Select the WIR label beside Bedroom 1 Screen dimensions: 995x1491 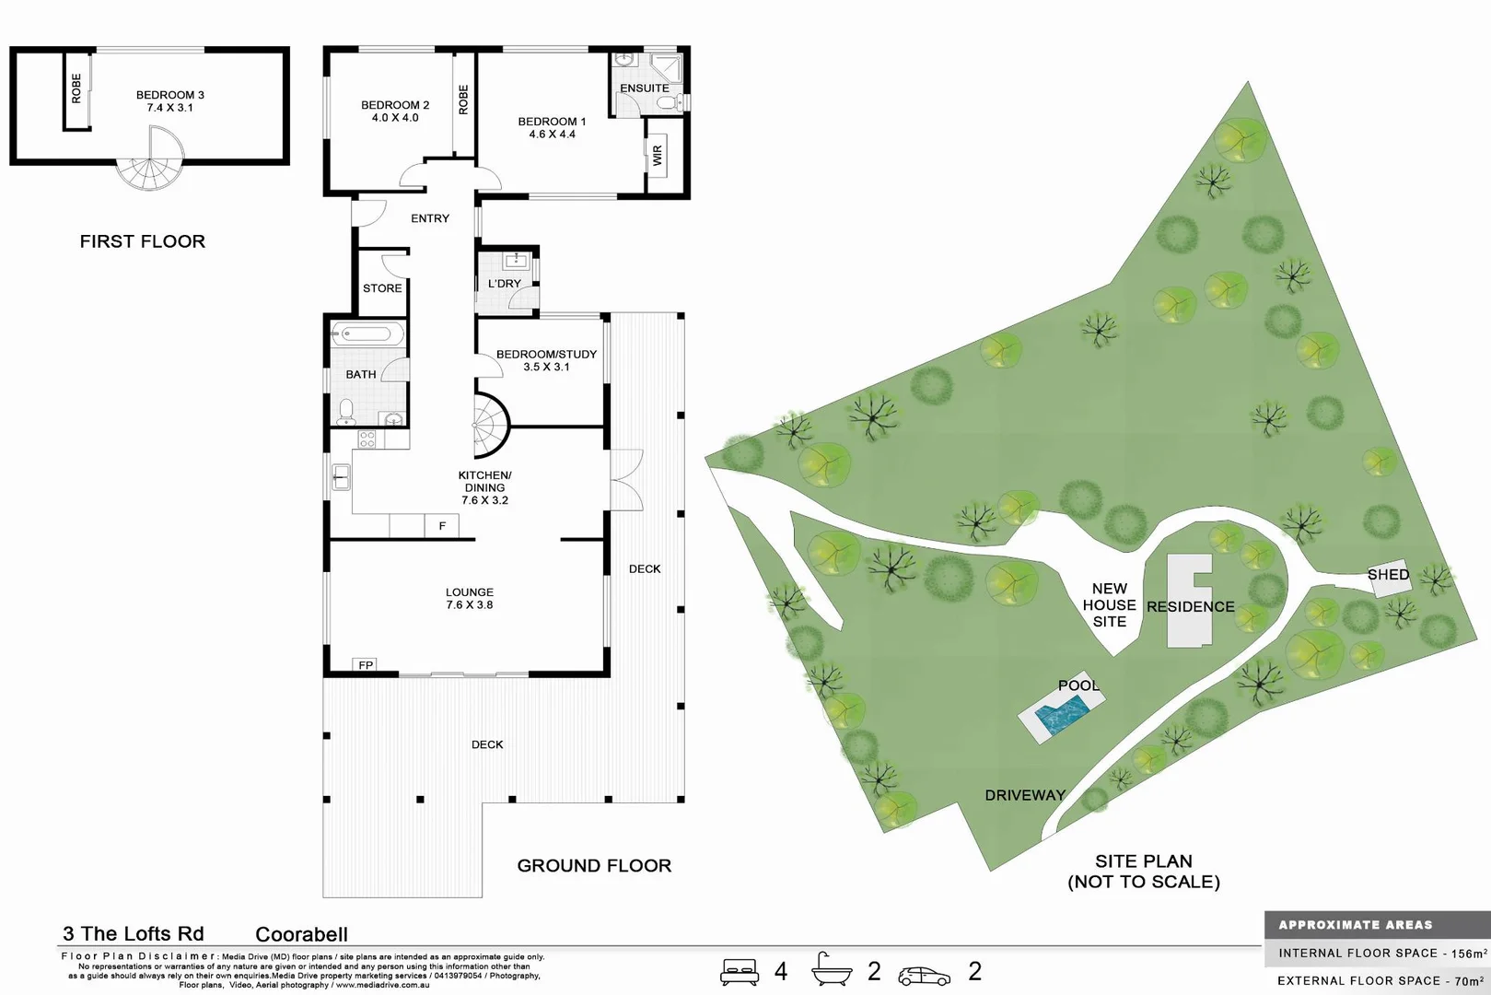pos(658,156)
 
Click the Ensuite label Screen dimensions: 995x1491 pos(644,88)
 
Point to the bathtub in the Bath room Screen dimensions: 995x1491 pos(367,334)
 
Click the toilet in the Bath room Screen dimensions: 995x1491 pos(346,412)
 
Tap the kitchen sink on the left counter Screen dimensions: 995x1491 pos(341,477)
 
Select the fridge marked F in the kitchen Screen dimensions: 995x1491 pos(442,526)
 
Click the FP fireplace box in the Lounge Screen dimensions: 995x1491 pos(366,665)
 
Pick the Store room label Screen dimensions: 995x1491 pos(382,288)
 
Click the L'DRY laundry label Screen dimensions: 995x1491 pos(504,284)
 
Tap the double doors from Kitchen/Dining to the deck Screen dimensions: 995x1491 pos(626,479)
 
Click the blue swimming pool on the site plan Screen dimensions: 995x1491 pos(1063,715)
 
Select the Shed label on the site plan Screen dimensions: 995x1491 pos(1388,575)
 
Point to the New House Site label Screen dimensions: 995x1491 pos(1109,605)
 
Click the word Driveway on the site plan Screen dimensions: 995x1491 pos(1025,795)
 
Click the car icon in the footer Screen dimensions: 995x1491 pos(925,975)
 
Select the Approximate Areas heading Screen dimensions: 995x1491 pos(1355,925)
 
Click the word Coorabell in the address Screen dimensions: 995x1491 pos(301,934)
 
